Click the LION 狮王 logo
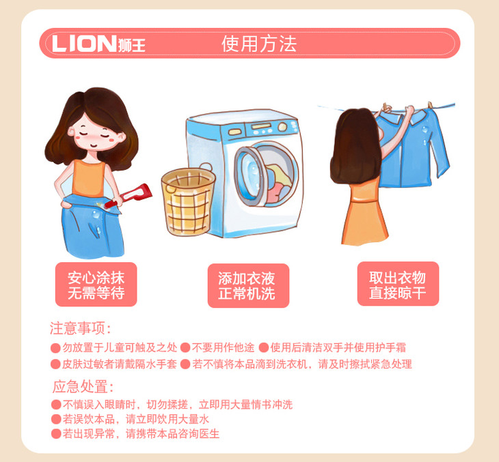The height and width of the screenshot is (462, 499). (x=99, y=43)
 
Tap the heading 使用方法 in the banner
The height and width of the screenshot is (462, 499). (x=259, y=44)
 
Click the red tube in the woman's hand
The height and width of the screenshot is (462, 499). (x=129, y=195)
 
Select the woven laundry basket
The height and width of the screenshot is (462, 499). (x=189, y=202)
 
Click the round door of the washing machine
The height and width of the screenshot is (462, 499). (x=266, y=174)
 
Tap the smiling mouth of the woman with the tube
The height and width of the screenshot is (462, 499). (x=94, y=145)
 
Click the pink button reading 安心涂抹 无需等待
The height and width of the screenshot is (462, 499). (x=96, y=285)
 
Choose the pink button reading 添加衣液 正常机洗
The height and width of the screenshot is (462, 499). (x=248, y=285)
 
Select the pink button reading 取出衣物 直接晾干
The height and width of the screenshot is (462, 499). (x=398, y=284)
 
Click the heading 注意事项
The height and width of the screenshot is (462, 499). (x=81, y=328)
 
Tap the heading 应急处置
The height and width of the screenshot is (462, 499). (x=83, y=387)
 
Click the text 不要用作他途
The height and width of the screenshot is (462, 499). (x=223, y=347)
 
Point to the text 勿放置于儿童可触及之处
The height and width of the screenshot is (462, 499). (x=120, y=347)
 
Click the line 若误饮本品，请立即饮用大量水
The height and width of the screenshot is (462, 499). (x=135, y=419)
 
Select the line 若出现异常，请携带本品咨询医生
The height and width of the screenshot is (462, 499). (x=141, y=434)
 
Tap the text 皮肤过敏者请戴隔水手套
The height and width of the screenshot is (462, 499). (x=120, y=364)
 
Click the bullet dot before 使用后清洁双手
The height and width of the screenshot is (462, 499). (x=263, y=347)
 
